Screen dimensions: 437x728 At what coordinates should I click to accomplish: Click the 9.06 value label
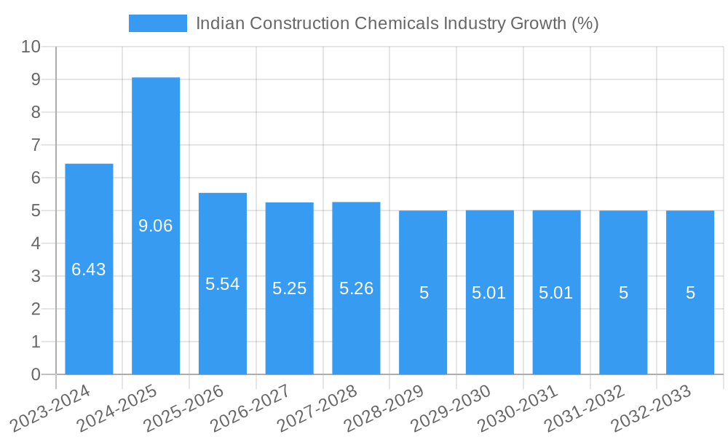pos(156,226)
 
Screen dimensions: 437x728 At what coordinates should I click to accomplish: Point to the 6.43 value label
pos(89,269)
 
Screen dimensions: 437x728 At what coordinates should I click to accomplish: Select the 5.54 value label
pos(223,284)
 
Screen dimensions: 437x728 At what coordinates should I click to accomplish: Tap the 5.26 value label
pos(356,288)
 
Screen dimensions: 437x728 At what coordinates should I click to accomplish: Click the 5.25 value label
pos(290,288)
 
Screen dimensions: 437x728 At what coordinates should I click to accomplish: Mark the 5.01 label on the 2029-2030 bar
pos(490,293)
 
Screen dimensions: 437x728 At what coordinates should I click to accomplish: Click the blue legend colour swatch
pos(157,23)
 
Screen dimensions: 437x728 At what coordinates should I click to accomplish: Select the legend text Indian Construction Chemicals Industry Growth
pos(397,23)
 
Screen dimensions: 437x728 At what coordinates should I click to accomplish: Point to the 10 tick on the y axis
pos(31,47)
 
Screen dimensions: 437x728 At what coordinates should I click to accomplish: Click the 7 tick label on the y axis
pos(36,145)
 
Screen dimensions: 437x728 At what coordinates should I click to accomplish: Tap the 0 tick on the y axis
pos(36,374)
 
